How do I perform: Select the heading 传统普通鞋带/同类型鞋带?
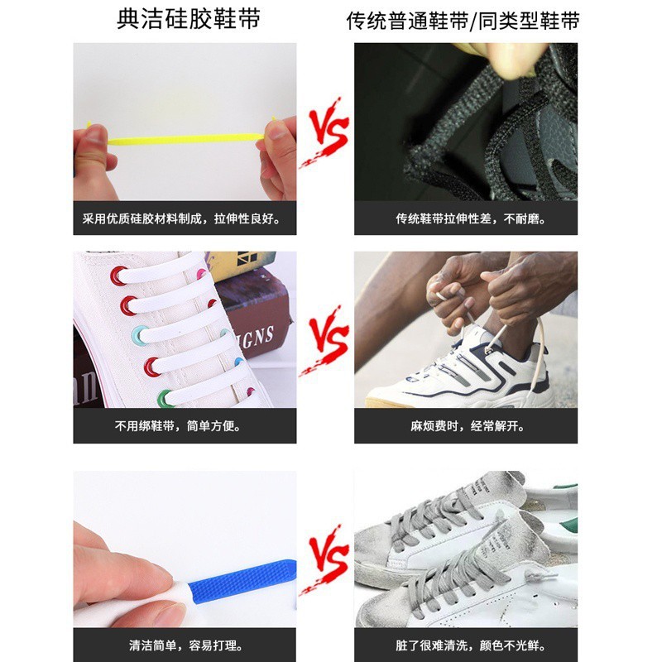click(463, 21)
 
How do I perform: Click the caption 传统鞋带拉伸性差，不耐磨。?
click(466, 220)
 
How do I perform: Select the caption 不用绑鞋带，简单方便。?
click(185, 427)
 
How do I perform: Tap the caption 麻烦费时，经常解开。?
click(466, 427)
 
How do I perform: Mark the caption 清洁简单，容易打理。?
click(185, 645)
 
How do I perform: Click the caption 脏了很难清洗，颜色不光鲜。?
click(466, 645)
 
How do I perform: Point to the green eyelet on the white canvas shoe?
click(165, 398)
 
